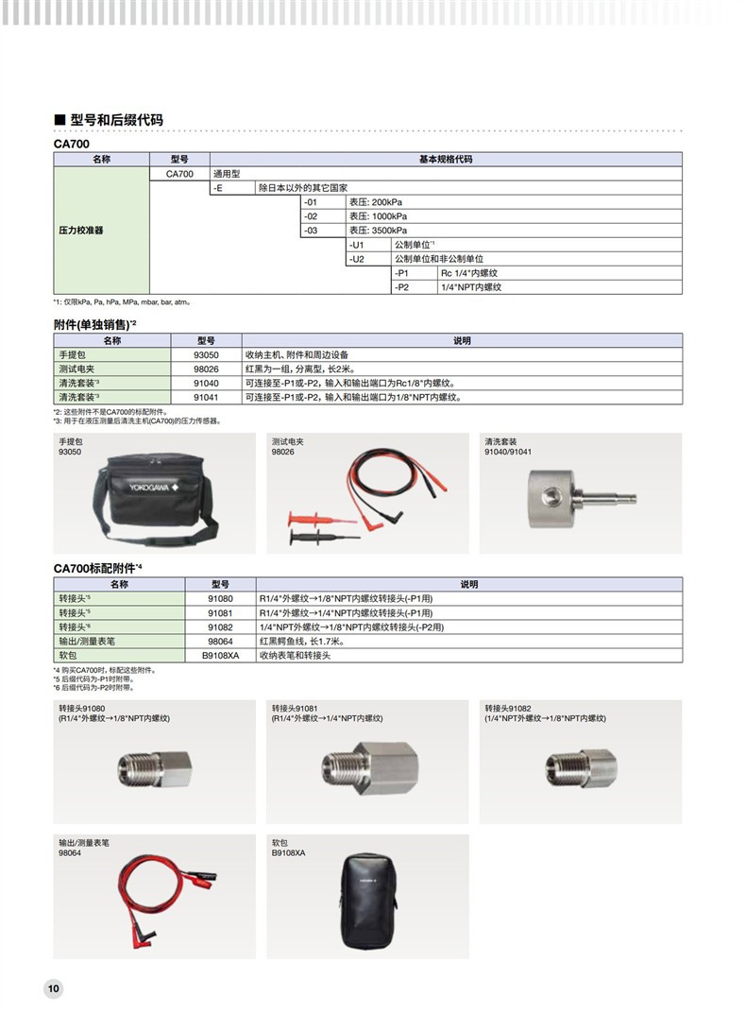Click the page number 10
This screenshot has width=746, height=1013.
coord(53,988)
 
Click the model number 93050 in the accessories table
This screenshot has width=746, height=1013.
coord(206,354)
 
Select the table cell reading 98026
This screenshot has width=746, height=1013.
coord(206,369)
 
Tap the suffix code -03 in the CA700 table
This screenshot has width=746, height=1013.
coord(314,230)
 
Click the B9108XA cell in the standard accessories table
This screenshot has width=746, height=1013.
coord(220,655)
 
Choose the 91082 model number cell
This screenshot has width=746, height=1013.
coord(220,627)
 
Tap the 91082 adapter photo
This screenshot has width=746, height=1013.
coord(579,766)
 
